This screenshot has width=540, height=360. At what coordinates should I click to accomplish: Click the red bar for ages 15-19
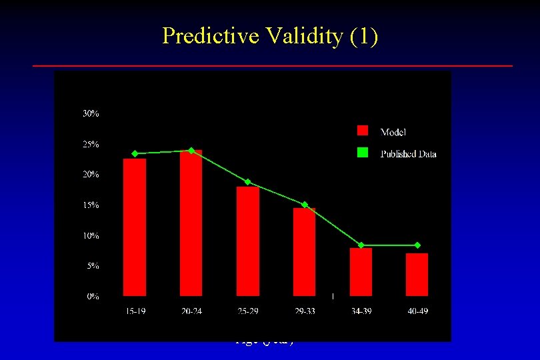click(135, 227)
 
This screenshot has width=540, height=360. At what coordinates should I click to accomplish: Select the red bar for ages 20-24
click(191, 223)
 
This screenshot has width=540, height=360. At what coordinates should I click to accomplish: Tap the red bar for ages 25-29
click(248, 241)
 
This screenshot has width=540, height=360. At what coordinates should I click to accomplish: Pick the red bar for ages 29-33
click(305, 251)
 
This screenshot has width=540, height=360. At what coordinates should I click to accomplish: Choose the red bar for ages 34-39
click(361, 271)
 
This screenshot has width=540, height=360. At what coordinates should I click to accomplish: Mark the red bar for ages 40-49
click(417, 274)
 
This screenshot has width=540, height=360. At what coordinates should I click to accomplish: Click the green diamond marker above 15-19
click(135, 153)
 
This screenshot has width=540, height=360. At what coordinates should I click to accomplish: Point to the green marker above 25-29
click(248, 182)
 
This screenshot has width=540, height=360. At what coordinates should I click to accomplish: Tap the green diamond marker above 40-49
click(417, 245)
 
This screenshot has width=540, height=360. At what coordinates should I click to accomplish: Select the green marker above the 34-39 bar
click(361, 245)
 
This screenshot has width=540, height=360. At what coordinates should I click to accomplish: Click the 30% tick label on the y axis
click(91, 114)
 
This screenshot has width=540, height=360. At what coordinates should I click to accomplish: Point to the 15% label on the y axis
click(91, 205)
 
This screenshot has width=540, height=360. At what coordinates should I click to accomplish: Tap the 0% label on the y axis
click(93, 297)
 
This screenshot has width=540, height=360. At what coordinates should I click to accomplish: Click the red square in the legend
click(363, 131)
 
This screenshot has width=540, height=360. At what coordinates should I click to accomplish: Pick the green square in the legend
click(363, 153)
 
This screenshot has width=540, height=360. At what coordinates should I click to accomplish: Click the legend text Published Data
click(408, 154)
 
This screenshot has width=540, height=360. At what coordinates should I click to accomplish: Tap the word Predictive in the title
click(206, 36)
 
